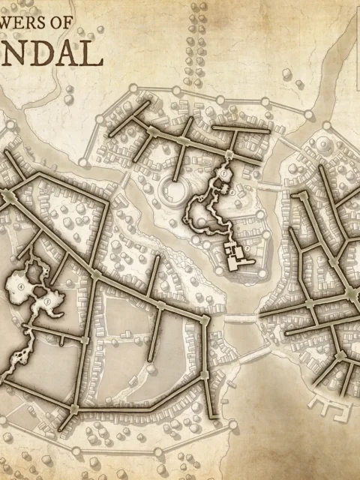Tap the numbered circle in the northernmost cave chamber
223,174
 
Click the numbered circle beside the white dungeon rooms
247,249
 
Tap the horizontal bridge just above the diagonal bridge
238,319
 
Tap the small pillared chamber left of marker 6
217,191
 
